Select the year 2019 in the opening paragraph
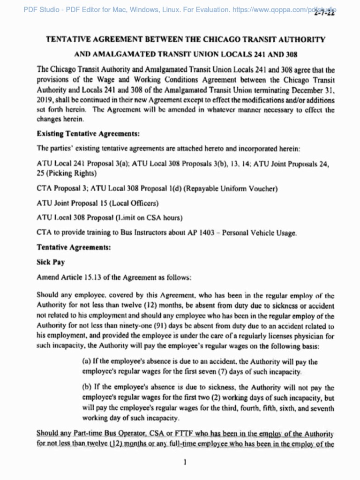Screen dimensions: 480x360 click(x=45, y=101)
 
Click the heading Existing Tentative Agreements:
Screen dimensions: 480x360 click(x=88, y=134)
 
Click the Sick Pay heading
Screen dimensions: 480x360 click(x=51, y=262)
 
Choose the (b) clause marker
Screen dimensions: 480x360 click(x=87, y=388)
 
